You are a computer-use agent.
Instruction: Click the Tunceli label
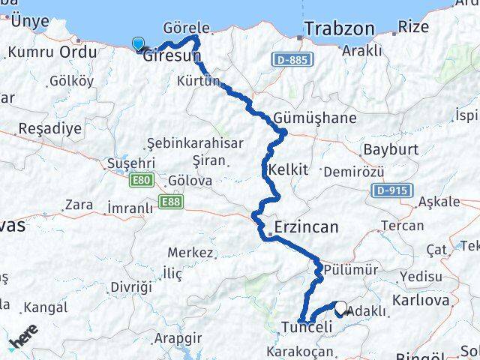click(x=306, y=327)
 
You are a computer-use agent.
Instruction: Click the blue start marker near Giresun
click(x=138, y=43)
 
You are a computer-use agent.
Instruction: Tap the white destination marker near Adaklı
click(x=341, y=307)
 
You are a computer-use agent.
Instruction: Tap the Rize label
click(x=414, y=27)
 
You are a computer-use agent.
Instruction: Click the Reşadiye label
click(x=49, y=128)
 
